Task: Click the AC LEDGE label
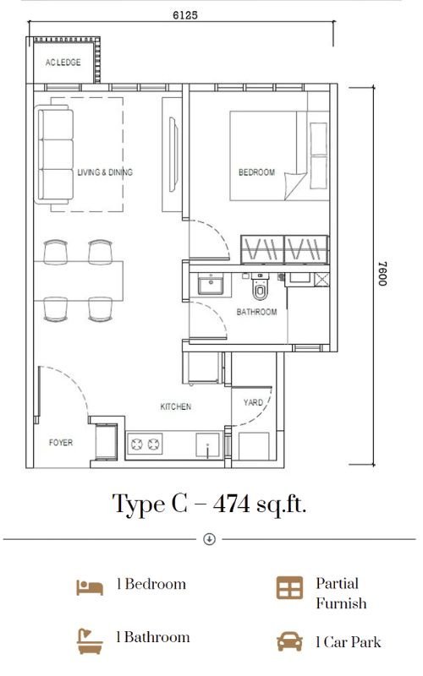pyautogui.click(x=63, y=62)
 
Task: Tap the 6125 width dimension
pyautogui.click(x=185, y=15)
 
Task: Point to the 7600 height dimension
pyautogui.click(x=382, y=273)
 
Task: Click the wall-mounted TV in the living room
pyautogui.click(x=173, y=155)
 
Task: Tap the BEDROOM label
pyautogui.click(x=256, y=172)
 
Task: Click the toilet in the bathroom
pyautogui.click(x=260, y=286)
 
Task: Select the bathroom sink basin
pyautogui.click(x=211, y=284)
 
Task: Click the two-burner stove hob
pyautogui.click(x=145, y=444)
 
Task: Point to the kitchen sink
pyautogui.click(x=207, y=445)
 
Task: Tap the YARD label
pyautogui.click(x=253, y=402)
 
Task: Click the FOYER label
pyautogui.click(x=61, y=442)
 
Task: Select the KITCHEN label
pyautogui.click(x=176, y=406)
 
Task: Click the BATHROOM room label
pyautogui.click(x=257, y=312)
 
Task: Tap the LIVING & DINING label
pyautogui.click(x=105, y=172)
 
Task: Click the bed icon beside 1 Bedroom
pyautogui.click(x=90, y=587)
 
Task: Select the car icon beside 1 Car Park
pyautogui.click(x=289, y=642)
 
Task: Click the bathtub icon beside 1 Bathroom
pyautogui.click(x=90, y=641)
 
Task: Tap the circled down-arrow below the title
pyautogui.click(x=209, y=539)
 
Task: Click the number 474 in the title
pyautogui.click(x=231, y=504)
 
